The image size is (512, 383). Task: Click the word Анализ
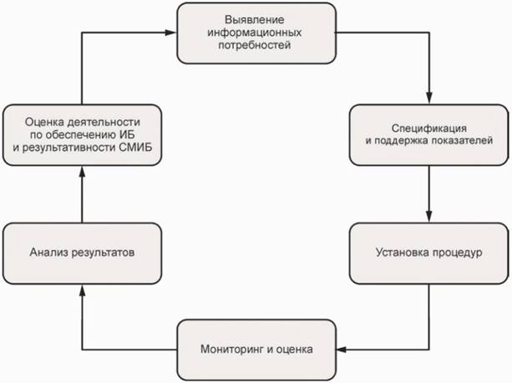click(47, 251)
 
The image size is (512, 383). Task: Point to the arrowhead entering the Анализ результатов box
click(82, 287)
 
